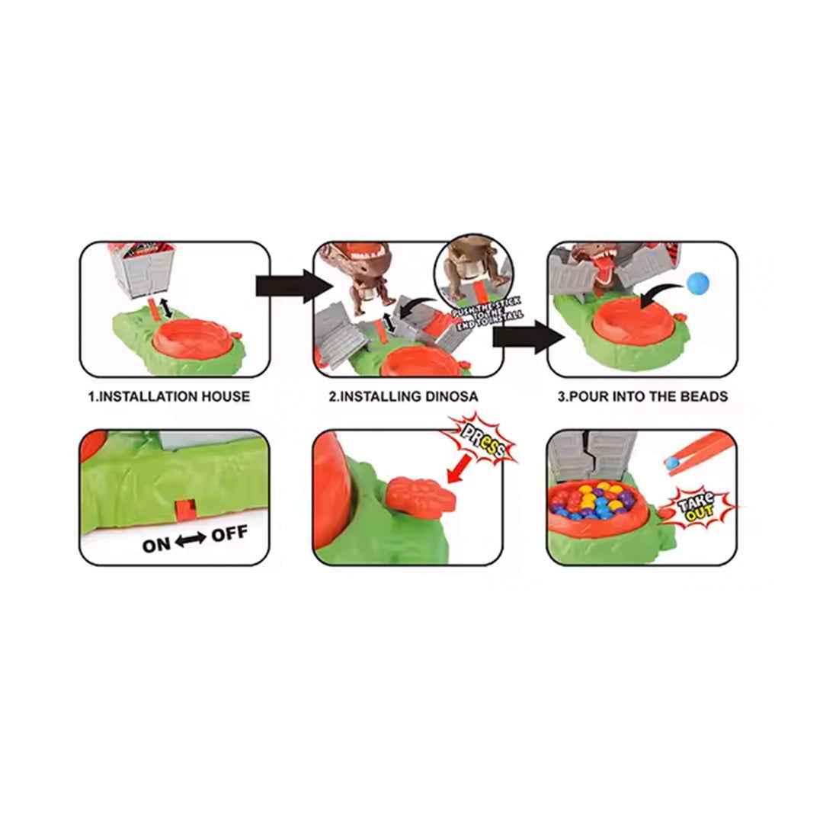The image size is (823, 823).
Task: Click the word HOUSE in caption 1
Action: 226,396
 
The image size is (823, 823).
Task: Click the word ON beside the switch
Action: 156,545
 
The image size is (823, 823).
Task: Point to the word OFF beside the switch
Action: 229,534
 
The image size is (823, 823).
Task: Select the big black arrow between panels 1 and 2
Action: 294,287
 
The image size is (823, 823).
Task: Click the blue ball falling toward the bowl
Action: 698,283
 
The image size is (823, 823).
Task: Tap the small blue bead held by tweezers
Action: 671,463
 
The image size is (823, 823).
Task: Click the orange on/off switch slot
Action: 185,510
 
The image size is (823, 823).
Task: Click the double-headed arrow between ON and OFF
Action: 191,539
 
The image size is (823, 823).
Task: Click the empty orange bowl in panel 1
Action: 192,339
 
